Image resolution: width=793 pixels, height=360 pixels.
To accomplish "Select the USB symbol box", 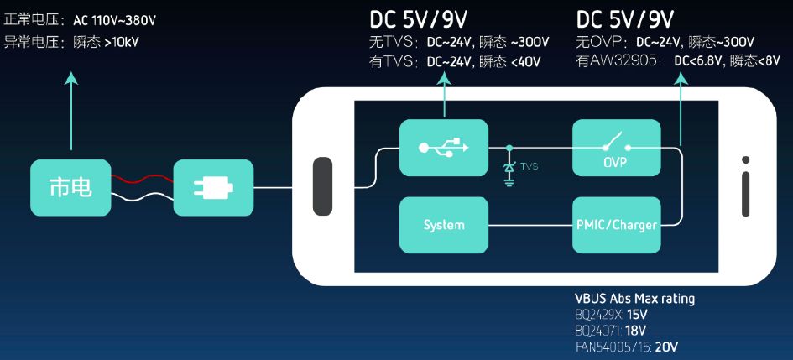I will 443,148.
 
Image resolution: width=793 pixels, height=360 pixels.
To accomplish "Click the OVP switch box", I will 616,148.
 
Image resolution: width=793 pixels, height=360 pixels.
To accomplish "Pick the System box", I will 443,225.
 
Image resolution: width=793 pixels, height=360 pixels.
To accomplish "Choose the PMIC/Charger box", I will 616,225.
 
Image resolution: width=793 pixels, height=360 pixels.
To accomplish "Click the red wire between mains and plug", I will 141,179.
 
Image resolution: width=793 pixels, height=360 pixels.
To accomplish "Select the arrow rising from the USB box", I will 444,92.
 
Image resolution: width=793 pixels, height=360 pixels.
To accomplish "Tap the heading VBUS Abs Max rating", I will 634,299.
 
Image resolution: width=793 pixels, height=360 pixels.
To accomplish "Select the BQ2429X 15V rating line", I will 612,315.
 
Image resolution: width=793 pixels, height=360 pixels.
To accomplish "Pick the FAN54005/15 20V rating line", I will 626,347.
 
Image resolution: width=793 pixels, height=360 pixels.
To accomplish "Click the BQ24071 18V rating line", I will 612,331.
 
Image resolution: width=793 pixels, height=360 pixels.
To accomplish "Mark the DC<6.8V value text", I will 699,61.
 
